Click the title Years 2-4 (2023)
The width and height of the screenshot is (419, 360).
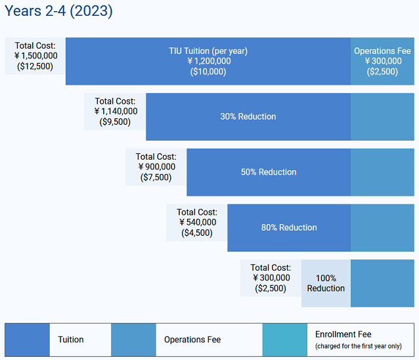point(59,12)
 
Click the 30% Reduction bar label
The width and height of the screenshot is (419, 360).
point(248,117)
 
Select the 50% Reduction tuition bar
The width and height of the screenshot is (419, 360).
point(268,172)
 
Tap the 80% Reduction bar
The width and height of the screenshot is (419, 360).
point(288,228)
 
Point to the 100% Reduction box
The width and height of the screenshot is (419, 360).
point(326,283)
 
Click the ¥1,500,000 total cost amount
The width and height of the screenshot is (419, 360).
point(35,56)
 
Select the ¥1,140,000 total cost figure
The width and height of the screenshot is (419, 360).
point(116,111)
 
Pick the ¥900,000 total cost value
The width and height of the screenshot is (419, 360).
point(156,167)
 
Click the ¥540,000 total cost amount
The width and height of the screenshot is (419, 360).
point(197,222)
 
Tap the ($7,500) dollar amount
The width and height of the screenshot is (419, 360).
point(156,177)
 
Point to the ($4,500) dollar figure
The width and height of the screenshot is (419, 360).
point(197,233)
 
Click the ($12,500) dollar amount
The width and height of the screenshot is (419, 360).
point(35,66)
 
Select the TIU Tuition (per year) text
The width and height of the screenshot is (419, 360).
point(208,51)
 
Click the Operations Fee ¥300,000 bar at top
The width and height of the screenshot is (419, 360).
point(382,61)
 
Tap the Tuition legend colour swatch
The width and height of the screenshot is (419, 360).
point(28,340)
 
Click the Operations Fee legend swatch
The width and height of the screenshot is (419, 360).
point(133,340)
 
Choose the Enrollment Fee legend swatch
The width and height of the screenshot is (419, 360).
point(284,340)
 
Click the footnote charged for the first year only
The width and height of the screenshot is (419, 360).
point(358,346)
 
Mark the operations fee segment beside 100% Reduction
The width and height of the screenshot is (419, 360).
point(382,283)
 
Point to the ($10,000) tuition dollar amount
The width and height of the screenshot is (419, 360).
point(208,72)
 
